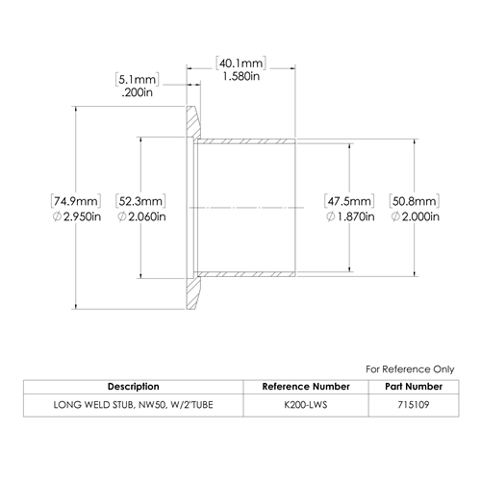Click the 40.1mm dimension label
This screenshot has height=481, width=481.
click(x=240, y=63)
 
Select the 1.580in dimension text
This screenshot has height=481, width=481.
click(x=241, y=76)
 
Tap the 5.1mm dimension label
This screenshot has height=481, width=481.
click(x=138, y=79)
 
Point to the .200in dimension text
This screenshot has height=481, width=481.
click(x=138, y=92)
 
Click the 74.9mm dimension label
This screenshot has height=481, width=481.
click(x=76, y=201)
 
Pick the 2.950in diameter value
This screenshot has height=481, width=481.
click(x=77, y=216)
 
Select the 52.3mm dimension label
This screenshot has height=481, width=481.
click(x=140, y=201)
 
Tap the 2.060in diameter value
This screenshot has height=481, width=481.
click(x=141, y=216)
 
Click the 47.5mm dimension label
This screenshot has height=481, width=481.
click(x=349, y=201)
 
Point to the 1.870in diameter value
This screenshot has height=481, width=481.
click(x=350, y=216)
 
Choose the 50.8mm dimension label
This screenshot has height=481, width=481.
click(x=415, y=201)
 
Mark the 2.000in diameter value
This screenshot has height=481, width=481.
click(x=415, y=216)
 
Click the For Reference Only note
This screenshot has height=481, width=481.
click(x=410, y=369)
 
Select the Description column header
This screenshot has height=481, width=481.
click(x=134, y=387)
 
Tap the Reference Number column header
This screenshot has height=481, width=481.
click(x=306, y=387)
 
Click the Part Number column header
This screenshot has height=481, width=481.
click(x=414, y=387)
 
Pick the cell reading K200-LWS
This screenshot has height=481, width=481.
click(x=306, y=405)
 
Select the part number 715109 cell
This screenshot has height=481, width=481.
click(x=414, y=405)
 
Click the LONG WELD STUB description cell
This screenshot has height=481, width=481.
click(x=133, y=405)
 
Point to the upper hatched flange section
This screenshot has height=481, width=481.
click(x=192, y=123)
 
